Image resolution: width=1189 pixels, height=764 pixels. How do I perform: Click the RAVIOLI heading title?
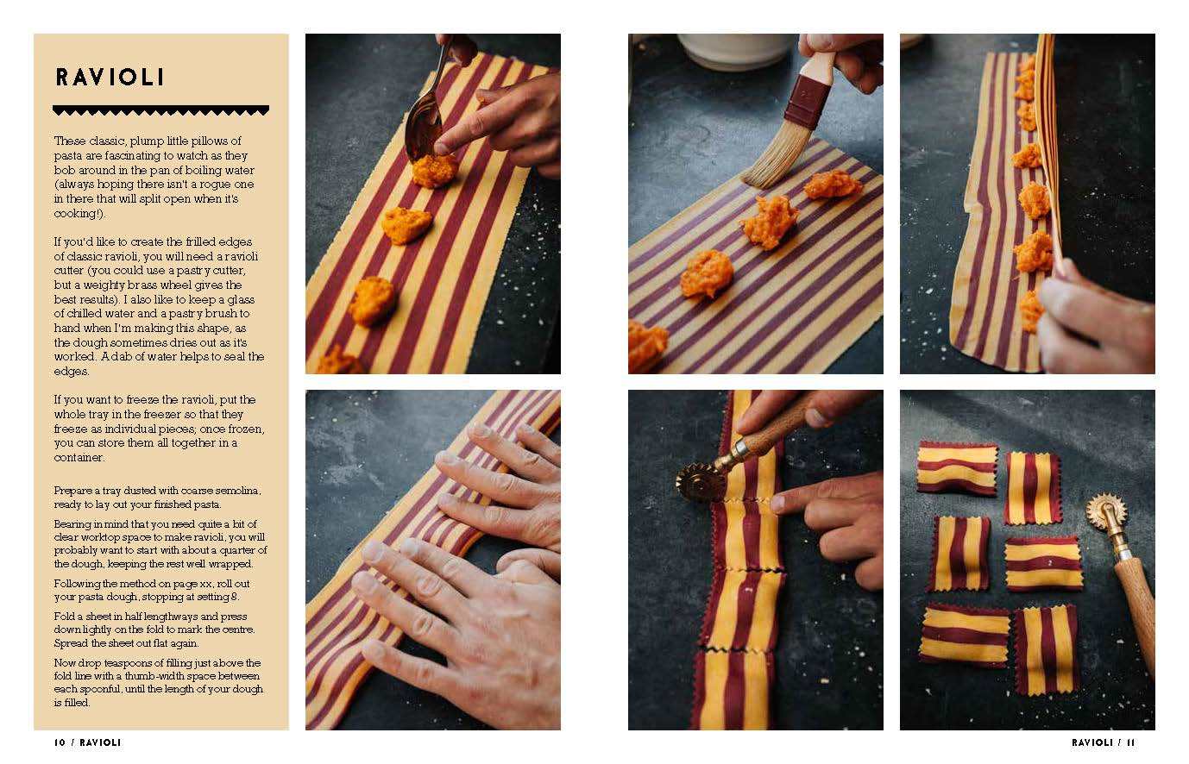pos(110,77)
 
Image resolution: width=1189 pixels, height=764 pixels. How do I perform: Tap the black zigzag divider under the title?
pos(160,110)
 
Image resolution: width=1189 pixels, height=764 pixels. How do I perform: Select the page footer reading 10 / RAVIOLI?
pos(87,742)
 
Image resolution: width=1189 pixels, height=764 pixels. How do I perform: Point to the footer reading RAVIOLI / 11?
pos(1103,742)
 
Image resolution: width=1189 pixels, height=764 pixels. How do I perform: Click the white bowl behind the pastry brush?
pos(733,51)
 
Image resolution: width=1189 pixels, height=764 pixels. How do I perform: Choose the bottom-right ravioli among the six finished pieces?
pos(1045,649)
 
